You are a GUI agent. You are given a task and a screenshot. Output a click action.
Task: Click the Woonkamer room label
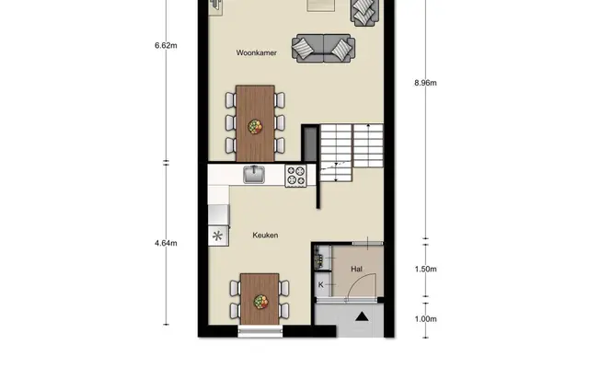(x=257, y=53)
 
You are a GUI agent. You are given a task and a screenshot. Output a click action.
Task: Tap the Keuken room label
(x=265, y=236)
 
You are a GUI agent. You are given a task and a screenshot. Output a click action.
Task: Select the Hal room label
(x=356, y=269)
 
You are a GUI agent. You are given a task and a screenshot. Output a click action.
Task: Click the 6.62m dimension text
(x=166, y=45)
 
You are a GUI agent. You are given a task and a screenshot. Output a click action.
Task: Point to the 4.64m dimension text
(x=166, y=243)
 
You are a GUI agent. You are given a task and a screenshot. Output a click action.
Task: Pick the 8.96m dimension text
(x=425, y=83)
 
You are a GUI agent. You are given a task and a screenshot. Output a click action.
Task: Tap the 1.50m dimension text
(x=425, y=269)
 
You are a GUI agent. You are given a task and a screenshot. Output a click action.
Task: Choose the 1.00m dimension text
(x=425, y=319)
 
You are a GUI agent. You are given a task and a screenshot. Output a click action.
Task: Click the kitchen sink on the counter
(x=254, y=175)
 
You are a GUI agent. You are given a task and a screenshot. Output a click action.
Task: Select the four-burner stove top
(x=295, y=176)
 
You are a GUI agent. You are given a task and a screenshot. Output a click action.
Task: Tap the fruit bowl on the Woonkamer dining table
(x=255, y=127)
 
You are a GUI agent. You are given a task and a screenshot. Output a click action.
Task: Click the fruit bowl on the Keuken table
(x=260, y=302)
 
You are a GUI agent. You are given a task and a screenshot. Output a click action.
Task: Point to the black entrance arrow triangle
(x=362, y=316)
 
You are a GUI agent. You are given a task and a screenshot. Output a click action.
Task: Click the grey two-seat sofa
(x=323, y=49)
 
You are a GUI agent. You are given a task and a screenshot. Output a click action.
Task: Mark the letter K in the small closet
(x=321, y=284)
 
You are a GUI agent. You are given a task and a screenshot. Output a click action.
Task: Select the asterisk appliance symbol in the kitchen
(x=217, y=236)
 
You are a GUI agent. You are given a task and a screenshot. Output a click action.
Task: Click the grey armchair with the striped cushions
(x=364, y=12)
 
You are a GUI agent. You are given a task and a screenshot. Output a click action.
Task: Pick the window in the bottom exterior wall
(x=260, y=331)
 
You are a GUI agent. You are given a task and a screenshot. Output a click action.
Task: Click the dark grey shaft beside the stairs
(x=311, y=144)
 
